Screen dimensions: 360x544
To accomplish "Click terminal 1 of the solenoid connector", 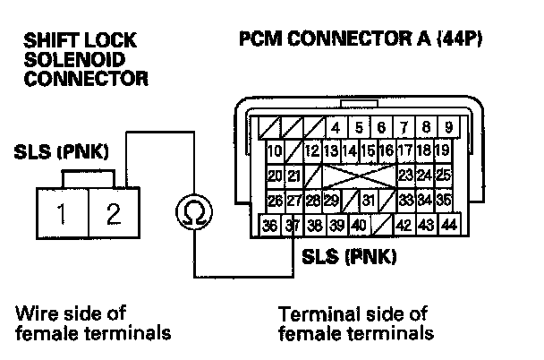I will tap(62, 215).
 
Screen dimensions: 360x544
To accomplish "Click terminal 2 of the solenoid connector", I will tap(113, 215).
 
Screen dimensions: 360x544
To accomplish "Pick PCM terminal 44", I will tap(448, 224).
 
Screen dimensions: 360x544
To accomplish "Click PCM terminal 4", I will tap(336, 126).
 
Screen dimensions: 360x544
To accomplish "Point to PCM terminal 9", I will tap(447, 126).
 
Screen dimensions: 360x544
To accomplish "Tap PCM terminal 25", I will tap(445, 174).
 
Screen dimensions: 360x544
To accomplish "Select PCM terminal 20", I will tap(275, 174).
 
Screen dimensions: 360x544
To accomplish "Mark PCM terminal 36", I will tap(270, 225).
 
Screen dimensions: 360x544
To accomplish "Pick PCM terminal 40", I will tap(359, 225).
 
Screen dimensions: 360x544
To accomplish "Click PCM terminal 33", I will tap(406, 199).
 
